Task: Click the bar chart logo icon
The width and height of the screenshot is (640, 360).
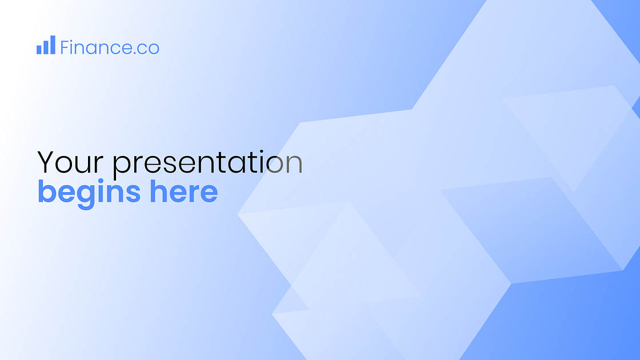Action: [x=46, y=45]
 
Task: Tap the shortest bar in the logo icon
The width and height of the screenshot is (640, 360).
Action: [x=39, y=50]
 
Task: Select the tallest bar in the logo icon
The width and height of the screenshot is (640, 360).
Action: [x=53, y=45]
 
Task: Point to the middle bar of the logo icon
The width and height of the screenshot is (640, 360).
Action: [x=46, y=47]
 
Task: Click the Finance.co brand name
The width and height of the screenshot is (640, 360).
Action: [x=109, y=47]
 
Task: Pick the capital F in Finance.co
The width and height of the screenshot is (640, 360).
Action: [x=65, y=47]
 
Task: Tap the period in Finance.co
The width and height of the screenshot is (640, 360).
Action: [x=135, y=53]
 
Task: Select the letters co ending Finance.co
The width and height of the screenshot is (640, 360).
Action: [x=149, y=49]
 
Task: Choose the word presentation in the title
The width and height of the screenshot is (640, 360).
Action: [x=207, y=164]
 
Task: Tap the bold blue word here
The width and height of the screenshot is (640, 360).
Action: [x=184, y=192]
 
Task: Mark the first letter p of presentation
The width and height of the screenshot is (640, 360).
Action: [x=122, y=166]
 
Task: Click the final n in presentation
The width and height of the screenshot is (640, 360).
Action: [x=294, y=165]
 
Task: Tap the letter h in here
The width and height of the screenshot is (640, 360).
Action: [x=158, y=192]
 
